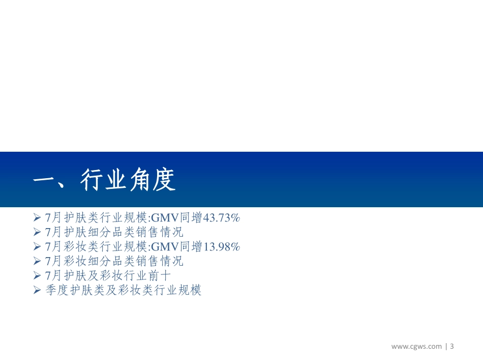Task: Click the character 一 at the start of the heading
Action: (44, 180)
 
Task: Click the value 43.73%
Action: (221, 218)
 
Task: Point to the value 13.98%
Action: (221, 247)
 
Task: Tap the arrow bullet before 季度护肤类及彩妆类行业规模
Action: (37, 291)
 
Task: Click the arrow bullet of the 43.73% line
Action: (37, 218)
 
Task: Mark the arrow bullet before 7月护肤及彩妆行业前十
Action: (37, 276)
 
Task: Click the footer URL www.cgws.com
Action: (416, 347)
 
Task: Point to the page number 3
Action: (451, 347)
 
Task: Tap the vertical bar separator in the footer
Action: (446, 347)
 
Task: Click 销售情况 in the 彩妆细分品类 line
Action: (159, 262)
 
